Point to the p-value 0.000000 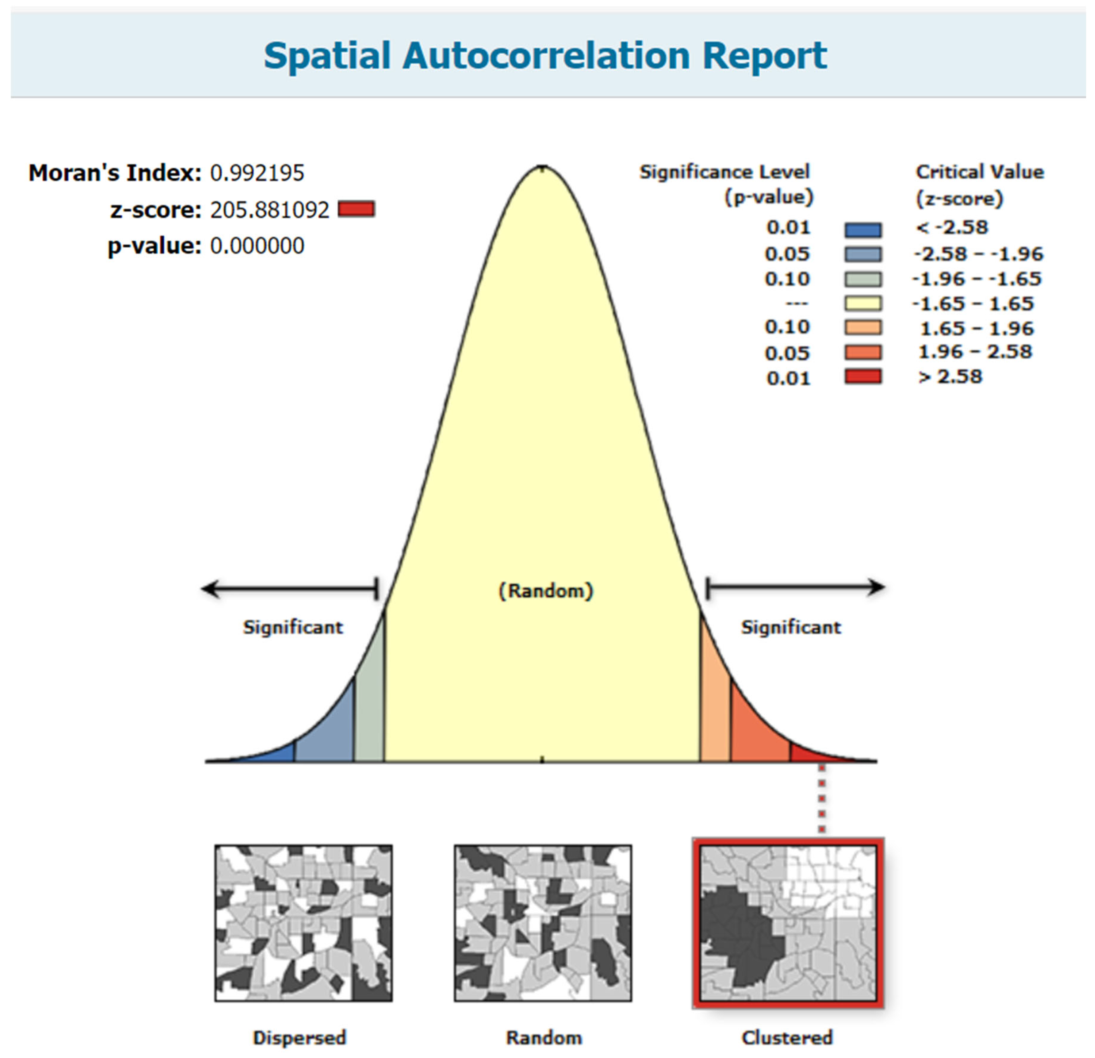[x=257, y=246]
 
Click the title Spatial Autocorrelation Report [x=545, y=56]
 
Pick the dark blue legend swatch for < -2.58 [x=863, y=229]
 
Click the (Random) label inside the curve [x=546, y=591]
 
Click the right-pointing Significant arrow [x=795, y=587]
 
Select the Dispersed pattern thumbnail [x=303, y=923]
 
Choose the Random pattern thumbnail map [x=543, y=923]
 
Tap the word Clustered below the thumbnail [x=787, y=1037]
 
